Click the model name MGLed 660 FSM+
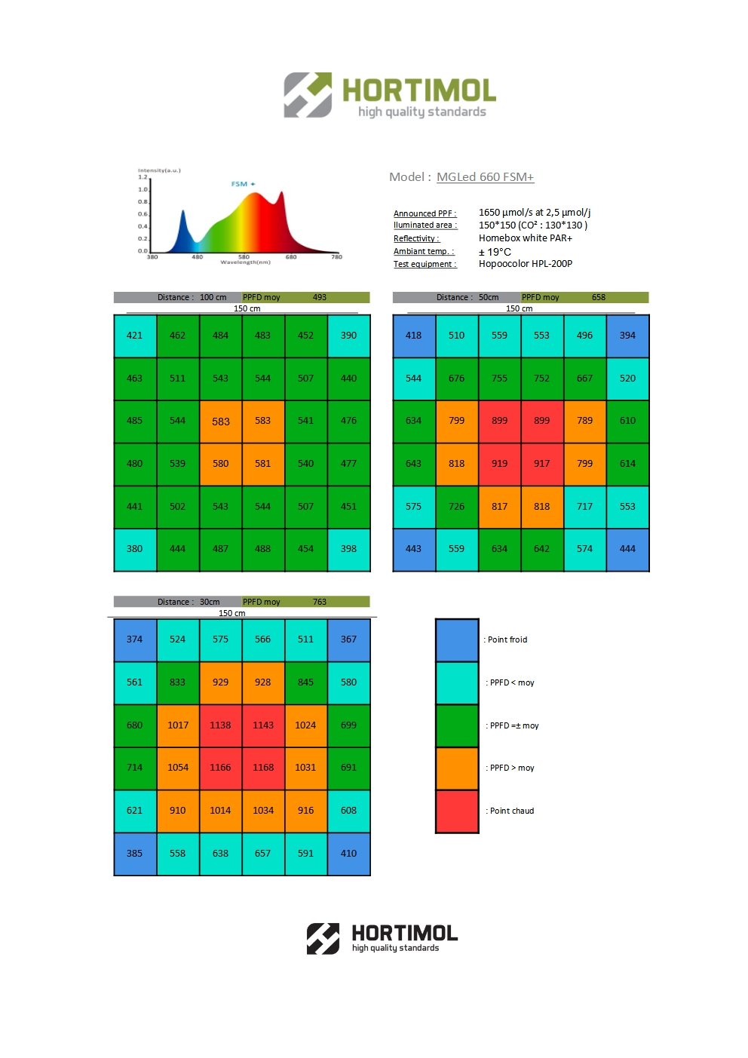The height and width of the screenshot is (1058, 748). [485, 177]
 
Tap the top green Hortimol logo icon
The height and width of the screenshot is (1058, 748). [308, 95]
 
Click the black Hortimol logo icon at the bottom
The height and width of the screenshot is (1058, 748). [323, 939]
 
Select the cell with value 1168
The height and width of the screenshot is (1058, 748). [263, 768]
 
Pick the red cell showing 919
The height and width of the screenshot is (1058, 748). [499, 464]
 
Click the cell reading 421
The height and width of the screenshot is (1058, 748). [135, 336]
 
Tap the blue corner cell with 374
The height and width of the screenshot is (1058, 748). [135, 639]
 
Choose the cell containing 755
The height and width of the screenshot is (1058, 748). [499, 379]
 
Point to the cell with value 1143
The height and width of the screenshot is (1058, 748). [263, 725]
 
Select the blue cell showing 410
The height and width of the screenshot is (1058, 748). [348, 854]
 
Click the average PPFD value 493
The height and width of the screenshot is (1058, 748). [320, 298]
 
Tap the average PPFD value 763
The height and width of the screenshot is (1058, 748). [320, 603]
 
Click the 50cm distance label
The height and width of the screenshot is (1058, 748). [489, 298]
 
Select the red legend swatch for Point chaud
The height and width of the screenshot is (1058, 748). [457, 811]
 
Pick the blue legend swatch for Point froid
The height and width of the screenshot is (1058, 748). [457, 640]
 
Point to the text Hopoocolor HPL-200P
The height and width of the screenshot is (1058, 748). [526, 264]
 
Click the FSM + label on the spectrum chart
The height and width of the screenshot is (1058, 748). [243, 184]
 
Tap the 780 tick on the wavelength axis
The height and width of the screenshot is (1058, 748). [336, 257]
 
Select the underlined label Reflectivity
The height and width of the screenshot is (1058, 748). [416, 239]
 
